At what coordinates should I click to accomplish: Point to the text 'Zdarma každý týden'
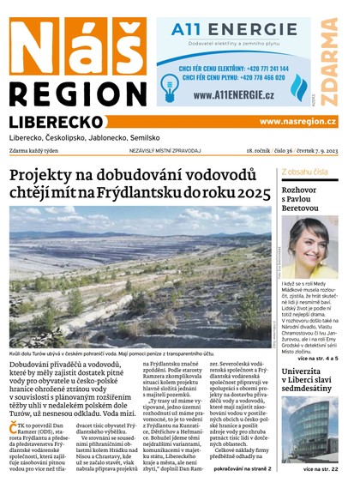35,151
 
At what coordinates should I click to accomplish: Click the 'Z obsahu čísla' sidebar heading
303,172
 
